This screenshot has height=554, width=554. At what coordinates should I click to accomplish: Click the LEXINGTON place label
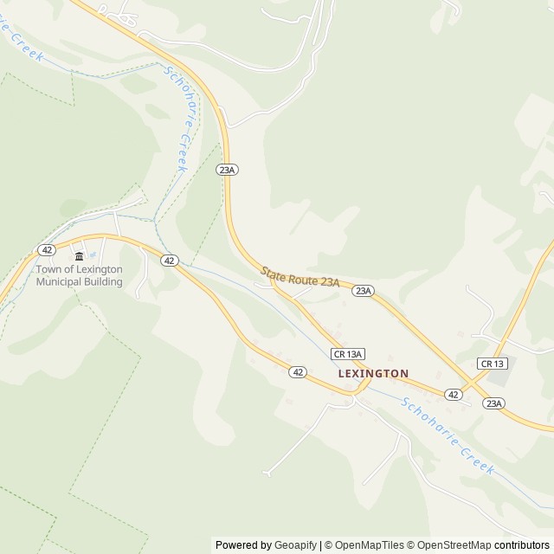point(373,373)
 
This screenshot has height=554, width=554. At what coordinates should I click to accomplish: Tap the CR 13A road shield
point(348,353)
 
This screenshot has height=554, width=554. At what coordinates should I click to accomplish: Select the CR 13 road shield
point(491,364)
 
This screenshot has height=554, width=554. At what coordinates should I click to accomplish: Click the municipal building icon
point(80,255)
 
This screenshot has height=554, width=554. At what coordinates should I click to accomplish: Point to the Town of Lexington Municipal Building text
point(79,274)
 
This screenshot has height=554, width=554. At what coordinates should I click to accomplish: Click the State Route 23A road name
point(300,276)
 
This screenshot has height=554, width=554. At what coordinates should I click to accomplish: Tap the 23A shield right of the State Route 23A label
point(363,291)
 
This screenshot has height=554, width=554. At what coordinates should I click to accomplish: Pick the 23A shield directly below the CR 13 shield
point(493,403)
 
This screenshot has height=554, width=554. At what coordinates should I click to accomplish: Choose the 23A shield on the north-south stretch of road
point(227,170)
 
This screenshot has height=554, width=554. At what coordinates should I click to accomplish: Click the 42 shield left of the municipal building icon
point(47,250)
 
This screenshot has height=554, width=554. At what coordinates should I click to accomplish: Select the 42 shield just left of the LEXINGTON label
point(298,371)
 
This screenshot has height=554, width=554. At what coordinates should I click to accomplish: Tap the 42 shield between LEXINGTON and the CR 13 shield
point(453,394)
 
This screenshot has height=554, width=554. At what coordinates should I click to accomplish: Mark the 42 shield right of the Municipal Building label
point(169,260)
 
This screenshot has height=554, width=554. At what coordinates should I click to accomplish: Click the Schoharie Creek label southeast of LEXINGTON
point(448,435)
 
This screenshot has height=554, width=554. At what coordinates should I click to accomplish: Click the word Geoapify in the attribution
point(295,545)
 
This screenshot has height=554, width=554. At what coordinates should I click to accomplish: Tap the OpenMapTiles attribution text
point(370,545)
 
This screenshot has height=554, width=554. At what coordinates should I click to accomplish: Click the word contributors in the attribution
point(522,545)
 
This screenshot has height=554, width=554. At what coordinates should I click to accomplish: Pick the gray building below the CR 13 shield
point(498,377)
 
